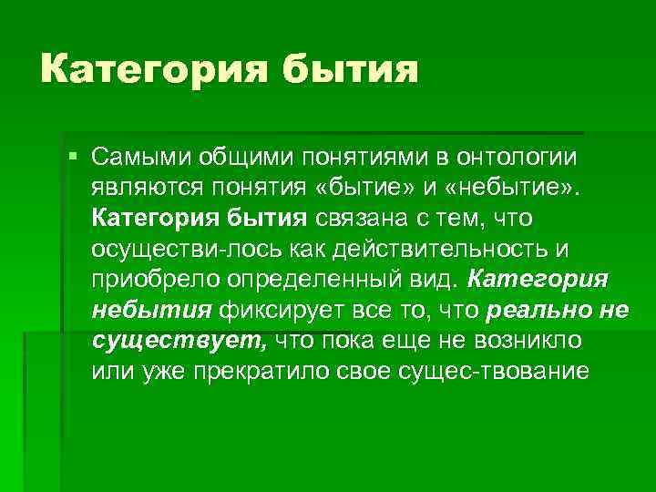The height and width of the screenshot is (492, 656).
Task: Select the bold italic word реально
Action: pos(538,311)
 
